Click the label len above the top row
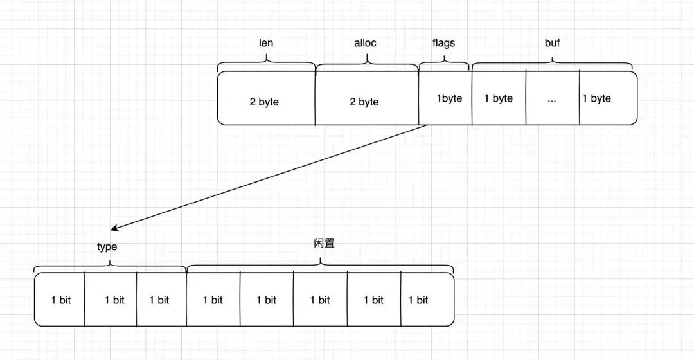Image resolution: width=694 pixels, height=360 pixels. click(266, 43)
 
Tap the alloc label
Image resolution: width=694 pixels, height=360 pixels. click(365, 43)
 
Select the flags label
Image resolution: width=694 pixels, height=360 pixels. click(443, 43)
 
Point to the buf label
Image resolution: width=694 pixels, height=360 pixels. click(553, 43)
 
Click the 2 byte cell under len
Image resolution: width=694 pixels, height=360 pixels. click(265, 102)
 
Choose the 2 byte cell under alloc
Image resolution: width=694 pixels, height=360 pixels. click(364, 102)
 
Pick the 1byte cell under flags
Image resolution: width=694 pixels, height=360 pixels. click(449, 98)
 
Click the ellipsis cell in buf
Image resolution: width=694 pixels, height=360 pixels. click(552, 98)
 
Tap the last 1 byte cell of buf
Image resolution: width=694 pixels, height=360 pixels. click(596, 98)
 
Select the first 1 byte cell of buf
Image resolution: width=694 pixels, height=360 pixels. click(499, 98)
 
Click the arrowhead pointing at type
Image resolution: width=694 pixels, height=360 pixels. click(114, 228)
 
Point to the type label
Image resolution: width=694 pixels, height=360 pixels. click(107, 246)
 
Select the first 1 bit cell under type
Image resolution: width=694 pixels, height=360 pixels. click(61, 300)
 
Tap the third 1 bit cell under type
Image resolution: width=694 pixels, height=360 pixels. click(159, 300)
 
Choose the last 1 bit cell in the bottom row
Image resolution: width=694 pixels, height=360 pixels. click(418, 300)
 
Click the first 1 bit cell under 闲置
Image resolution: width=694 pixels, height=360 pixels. click(213, 300)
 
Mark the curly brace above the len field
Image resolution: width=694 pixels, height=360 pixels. click(266, 64)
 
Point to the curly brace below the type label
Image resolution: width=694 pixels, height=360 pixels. click(110, 264)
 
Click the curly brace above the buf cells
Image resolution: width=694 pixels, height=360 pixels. click(553, 64)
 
